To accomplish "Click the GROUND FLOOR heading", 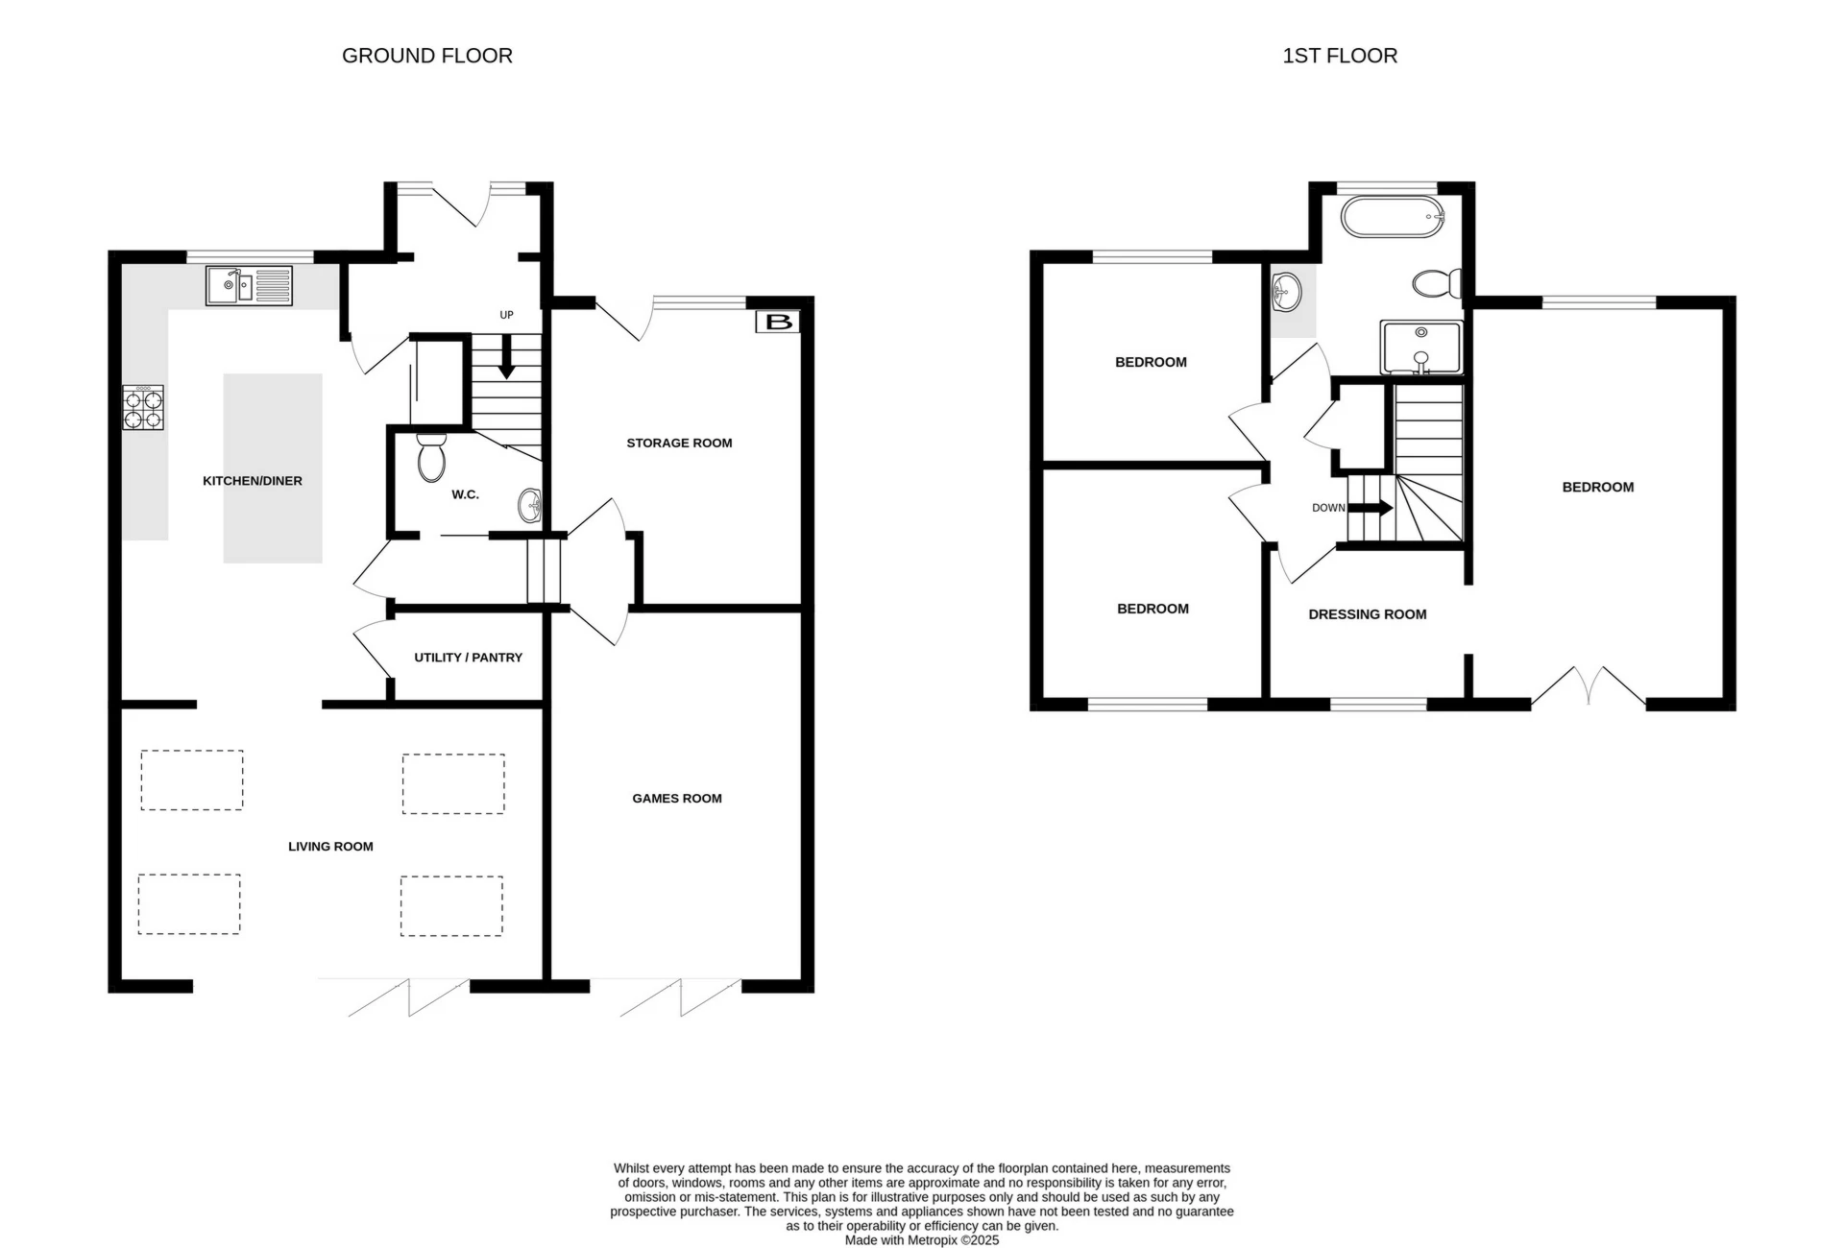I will point(426,56).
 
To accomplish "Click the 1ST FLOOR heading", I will point(1339,56).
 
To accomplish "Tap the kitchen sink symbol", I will point(249,285).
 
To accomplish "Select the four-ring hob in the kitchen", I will point(143,407).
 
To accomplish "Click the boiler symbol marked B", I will point(778,322).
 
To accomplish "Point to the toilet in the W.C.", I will point(431,457).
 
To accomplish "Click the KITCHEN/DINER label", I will point(252,481).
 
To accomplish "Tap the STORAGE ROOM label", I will point(679,443).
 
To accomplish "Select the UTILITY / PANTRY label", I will point(468,658).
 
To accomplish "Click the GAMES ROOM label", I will point(676,798).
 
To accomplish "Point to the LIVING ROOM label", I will point(330,846).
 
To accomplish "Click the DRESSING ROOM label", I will point(1367,614).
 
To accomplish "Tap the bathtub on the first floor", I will point(1392,218).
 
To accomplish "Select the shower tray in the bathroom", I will point(1421,347).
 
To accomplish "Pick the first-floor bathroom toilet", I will point(1437,283).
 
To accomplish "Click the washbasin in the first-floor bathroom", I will point(1286,291).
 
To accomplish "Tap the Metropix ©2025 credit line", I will point(921,1240).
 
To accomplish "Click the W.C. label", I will point(465,494).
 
